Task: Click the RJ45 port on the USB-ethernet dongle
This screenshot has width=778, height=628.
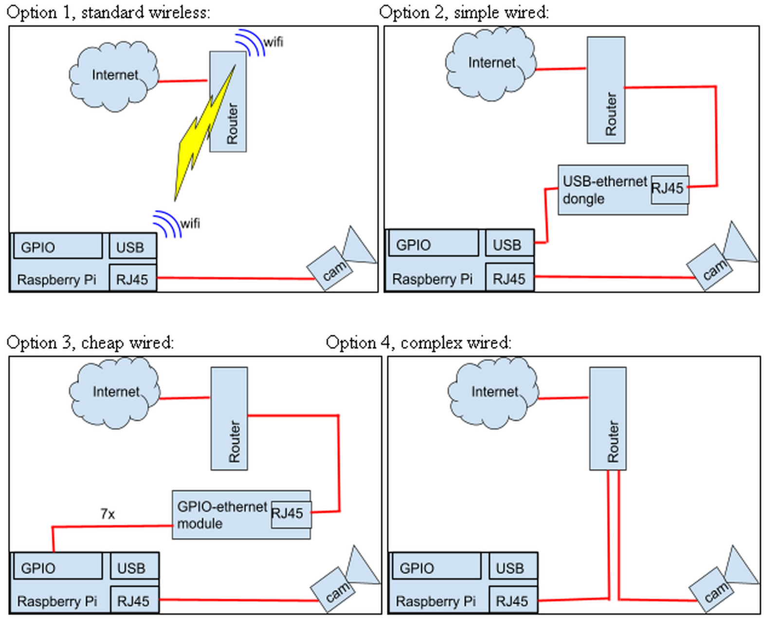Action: pyautogui.click(x=669, y=189)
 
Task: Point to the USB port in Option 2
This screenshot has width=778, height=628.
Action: pyautogui.click(x=508, y=243)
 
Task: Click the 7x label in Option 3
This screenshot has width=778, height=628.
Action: pyautogui.click(x=108, y=514)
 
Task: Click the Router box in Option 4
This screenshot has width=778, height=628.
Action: pyautogui.click(x=608, y=418)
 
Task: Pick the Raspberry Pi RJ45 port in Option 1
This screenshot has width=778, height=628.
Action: pyautogui.click(x=132, y=279)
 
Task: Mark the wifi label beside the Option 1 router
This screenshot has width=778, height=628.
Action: pyautogui.click(x=273, y=42)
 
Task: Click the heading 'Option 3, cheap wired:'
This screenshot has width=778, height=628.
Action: pyautogui.click(x=90, y=342)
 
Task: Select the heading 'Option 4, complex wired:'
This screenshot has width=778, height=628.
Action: pyautogui.click(x=418, y=342)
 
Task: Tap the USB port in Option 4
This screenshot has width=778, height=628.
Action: pyautogui.click(x=512, y=566)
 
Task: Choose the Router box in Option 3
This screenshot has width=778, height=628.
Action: pyautogui.click(x=229, y=418)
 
